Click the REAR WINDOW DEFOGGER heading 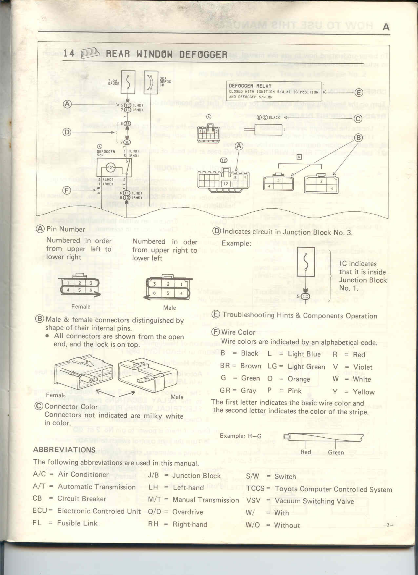pyautogui.click(x=166, y=54)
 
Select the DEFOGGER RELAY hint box pyautogui.click(x=273, y=91)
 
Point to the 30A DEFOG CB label pyautogui.click(x=165, y=82)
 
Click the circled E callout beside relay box pyautogui.click(x=358, y=93)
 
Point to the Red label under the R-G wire pyautogui.click(x=306, y=452)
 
